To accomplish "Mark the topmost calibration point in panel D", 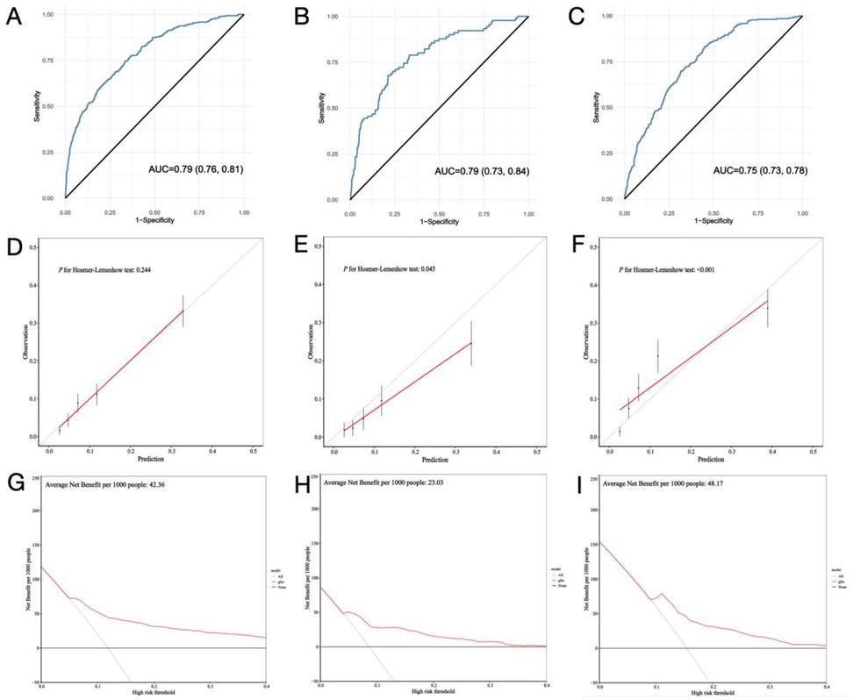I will coord(183,311).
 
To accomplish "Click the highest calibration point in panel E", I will coord(471,343).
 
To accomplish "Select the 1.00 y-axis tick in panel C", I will coord(610,15).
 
